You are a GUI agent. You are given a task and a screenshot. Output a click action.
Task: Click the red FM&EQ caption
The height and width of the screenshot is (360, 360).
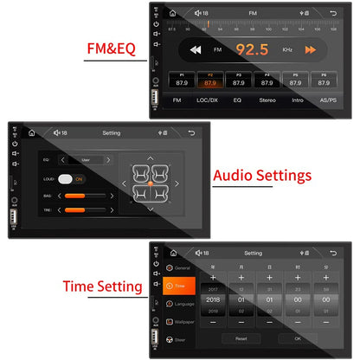tap(111, 49)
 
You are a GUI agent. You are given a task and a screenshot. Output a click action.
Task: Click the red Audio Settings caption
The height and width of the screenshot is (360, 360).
tap(262, 176)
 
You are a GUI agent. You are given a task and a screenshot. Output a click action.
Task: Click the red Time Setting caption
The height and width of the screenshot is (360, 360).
tap(103, 286)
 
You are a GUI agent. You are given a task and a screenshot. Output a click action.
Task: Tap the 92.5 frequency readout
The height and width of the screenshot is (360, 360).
tap(252, 50)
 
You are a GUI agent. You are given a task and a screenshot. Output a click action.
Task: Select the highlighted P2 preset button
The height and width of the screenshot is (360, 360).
tap(209, 80)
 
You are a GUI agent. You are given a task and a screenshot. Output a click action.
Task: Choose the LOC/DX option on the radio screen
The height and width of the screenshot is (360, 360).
tap(207, 100)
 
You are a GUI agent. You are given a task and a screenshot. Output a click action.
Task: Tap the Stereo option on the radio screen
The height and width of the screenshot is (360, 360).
tap(267, 100)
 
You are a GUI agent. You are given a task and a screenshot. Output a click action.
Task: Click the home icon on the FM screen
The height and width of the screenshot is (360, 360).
tap(173, 13)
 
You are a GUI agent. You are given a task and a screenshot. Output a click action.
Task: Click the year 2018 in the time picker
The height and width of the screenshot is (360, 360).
tap(213, 299)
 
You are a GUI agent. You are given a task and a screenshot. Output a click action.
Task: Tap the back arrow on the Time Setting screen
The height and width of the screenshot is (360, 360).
tap(334, 253)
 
